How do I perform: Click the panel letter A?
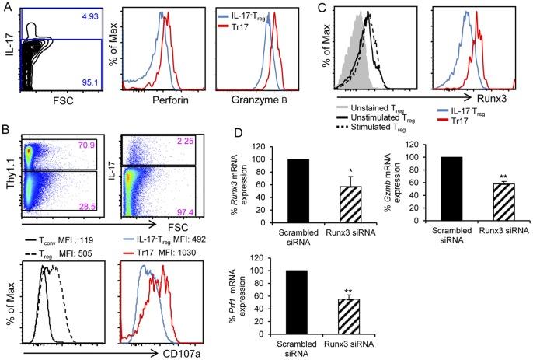pyautogui.click(x=7, y=7)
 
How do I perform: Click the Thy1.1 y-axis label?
pyautogui.click(x=9, y=185)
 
